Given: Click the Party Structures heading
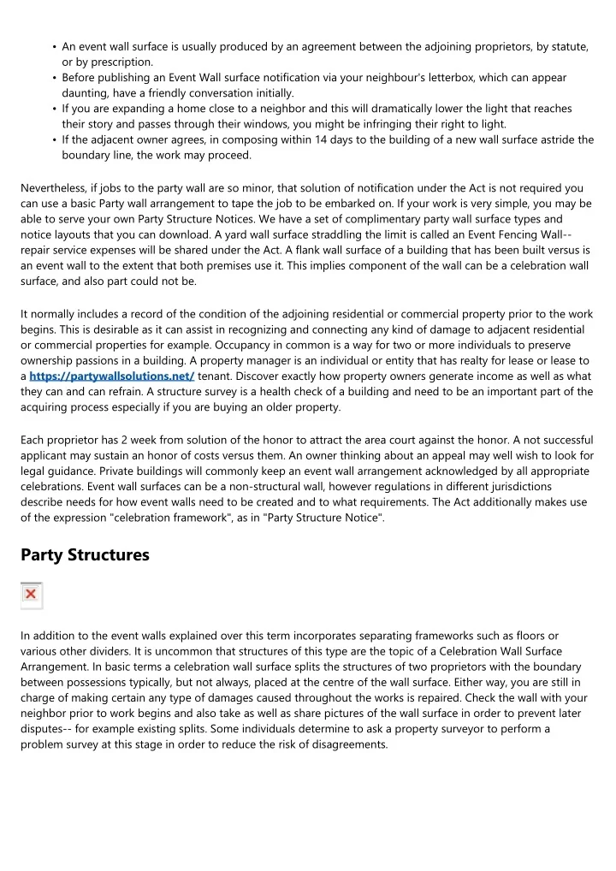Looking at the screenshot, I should pos(85,555).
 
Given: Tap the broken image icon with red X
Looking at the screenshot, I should pos(31,595).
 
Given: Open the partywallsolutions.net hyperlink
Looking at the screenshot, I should pos(111,376).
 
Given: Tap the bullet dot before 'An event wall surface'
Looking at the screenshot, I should pos(54,47).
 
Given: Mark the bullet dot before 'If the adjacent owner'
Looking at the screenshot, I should pos(54,139).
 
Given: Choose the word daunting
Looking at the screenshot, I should pos(85,92).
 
